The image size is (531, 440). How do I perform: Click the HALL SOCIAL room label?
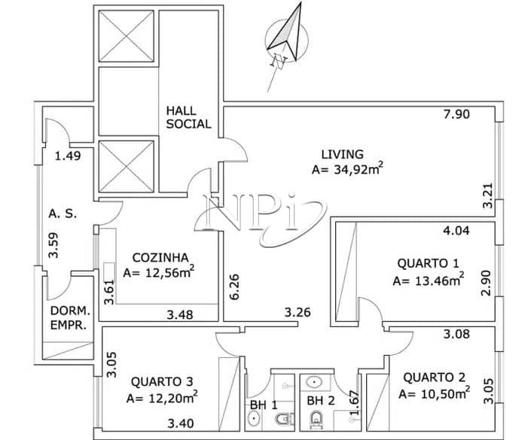(x=188, y=117)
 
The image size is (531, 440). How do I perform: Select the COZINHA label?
(x=160, y=258)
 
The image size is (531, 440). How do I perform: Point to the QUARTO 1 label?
(x=428, y=263)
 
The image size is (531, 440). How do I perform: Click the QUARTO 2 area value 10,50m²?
(x=434, y=393)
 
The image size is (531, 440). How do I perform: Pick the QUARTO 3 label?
(x=162, y=382)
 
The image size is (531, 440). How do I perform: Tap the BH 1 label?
(x=264, y=405)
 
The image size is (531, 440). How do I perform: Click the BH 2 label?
(x=321, y=401)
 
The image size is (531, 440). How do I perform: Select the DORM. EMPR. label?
(x=70, y=318)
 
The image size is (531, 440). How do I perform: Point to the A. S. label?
(x=63, y=214)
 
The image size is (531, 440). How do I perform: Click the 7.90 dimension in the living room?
(x=457, y=114)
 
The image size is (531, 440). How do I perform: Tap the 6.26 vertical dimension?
(x=234, y=287)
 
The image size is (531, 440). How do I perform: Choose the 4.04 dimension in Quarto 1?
(x=456, y=231)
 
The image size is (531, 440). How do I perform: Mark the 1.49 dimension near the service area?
(x=68, y=156)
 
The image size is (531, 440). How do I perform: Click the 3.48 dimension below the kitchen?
(x=180, y=315)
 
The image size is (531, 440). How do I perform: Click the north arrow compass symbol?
(x=287, y=37)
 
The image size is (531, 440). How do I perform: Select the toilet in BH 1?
(x=283, y=420)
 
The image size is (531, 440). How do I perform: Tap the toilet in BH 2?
(x=316, y=420)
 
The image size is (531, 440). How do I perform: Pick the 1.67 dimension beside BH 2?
(x=354, y=403)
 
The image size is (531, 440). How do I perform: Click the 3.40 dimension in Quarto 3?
(x=181, y=423)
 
